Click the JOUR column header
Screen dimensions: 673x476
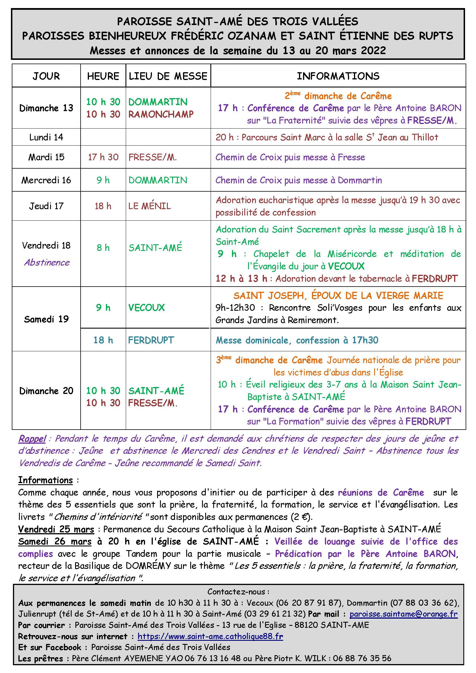(x=46, y=76)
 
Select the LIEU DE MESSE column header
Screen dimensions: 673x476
(x=168, y=76)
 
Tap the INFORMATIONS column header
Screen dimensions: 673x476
(x=338, y=76)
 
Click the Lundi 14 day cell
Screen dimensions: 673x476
(x=46, y=137)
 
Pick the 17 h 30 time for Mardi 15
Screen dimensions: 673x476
(x=103, y=157)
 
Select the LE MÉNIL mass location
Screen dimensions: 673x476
(x=149, y=206)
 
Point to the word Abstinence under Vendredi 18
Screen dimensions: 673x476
(x=47, y=262)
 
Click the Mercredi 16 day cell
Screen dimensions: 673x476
(x=46, y=180)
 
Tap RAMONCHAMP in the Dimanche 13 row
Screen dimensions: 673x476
(x=161, y=114)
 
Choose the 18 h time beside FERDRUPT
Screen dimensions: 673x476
(x=103, y=340)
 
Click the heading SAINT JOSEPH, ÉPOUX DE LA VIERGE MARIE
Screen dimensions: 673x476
(x=338, y=295)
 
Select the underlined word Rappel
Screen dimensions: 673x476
(x=32, y=439)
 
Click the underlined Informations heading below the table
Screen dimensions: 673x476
(x=45, y=480)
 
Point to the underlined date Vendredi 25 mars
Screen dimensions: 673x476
(x=56, y=529)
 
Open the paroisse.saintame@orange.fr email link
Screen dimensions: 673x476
(x=403, y=614)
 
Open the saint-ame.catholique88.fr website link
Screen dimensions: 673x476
(x=210, y=636)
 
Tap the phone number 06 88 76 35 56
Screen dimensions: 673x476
(x=362, y=658)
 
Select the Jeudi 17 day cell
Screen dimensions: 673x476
(x=46, y=206)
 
